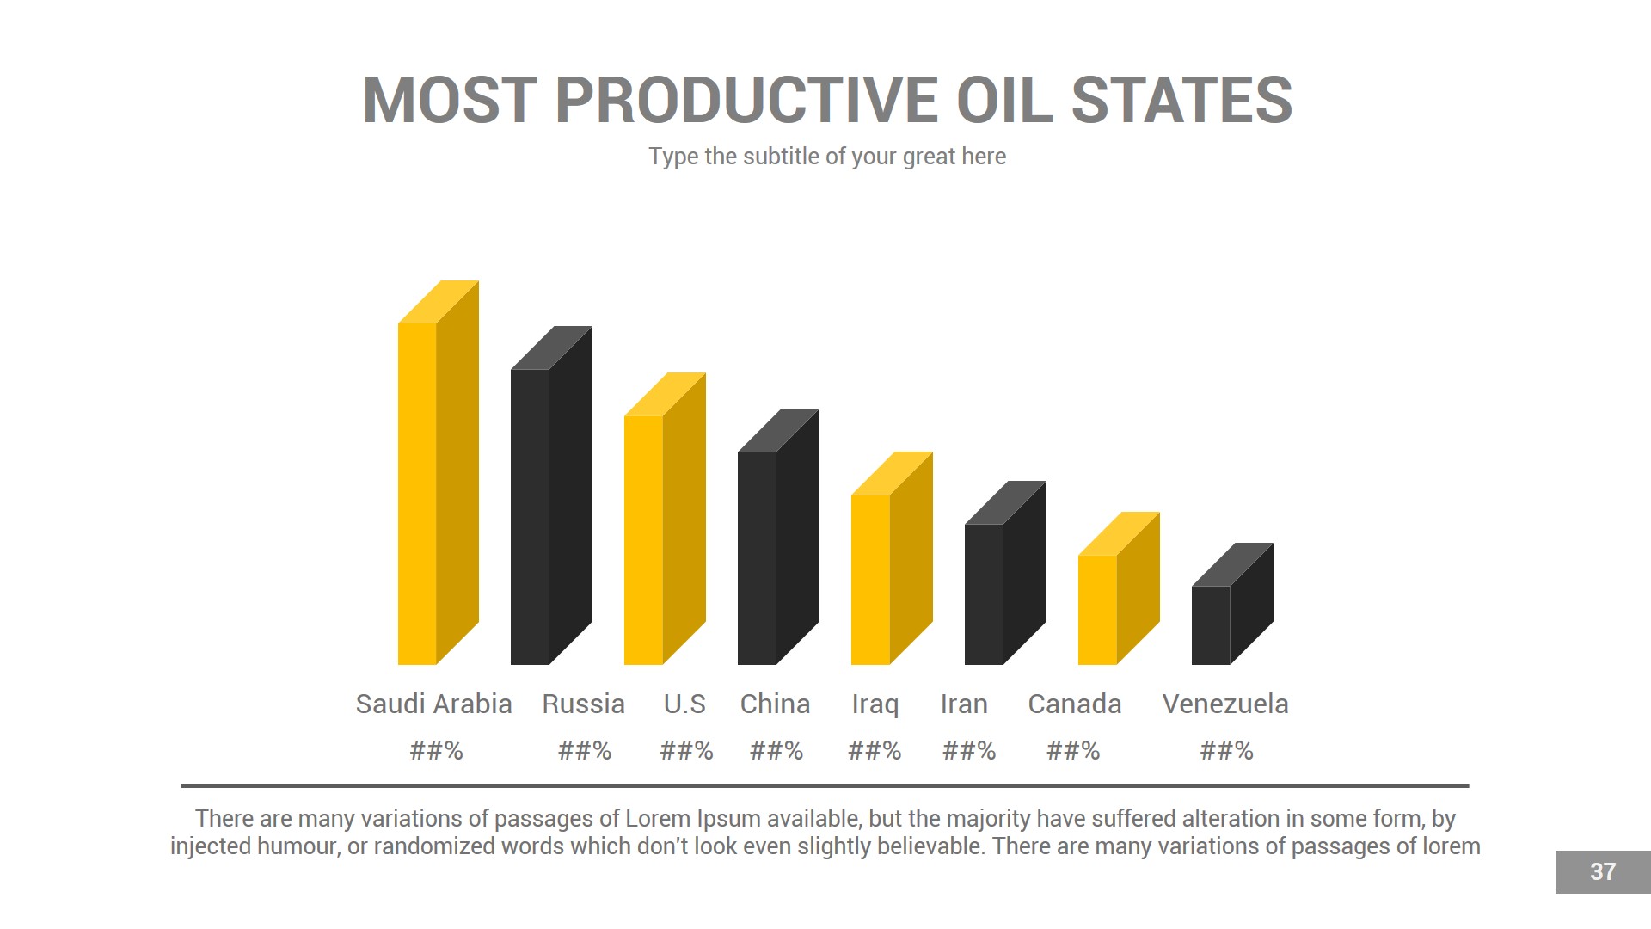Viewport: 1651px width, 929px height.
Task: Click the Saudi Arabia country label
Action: [x=433, y=704]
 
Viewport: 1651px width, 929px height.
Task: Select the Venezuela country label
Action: [x=1225, y=704]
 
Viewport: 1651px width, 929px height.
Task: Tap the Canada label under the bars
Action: [x=1075, y=704]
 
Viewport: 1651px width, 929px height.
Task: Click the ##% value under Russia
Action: [x=585, y=751]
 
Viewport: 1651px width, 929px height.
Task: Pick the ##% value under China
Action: [x=776, y=751]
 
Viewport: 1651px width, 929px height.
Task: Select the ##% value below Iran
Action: [x=969, y=751]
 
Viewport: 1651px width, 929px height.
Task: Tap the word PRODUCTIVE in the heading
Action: [x=746, y=100]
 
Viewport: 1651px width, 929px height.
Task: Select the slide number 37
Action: [x=1603, y=872]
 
